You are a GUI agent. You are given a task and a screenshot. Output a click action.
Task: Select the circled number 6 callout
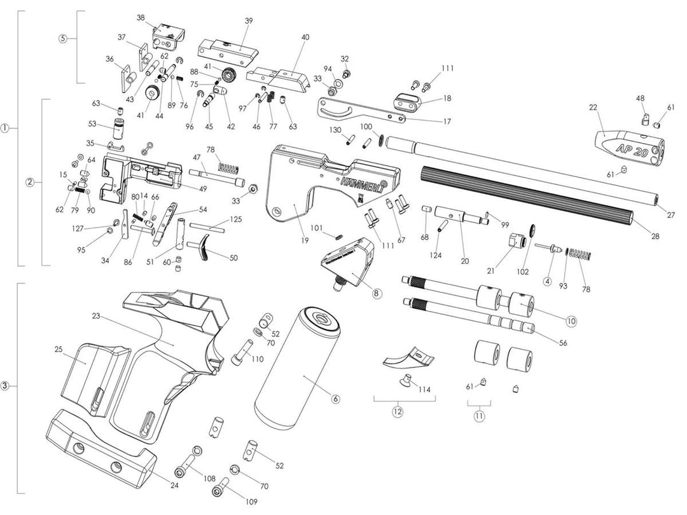(336, 399)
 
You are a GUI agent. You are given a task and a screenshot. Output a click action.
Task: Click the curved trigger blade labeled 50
(207, 248)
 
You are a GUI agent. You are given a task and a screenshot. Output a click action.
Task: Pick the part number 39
(249, 21)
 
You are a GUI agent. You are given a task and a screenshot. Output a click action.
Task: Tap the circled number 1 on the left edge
(5, 128)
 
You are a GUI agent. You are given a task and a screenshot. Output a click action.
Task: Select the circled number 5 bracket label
(62, 38)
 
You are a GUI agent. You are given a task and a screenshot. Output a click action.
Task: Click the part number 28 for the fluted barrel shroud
(655, 236)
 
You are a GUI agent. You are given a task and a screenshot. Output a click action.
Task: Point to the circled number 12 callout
(398, 411)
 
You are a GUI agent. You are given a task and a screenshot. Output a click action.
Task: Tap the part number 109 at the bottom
(251, 502)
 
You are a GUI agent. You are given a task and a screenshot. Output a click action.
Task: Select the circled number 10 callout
(571, 321)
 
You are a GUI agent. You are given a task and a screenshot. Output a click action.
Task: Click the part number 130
(336, 130)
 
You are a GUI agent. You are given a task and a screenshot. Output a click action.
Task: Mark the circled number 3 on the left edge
(5, 386)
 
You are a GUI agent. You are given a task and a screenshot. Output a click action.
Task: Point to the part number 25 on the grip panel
(58, 350)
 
